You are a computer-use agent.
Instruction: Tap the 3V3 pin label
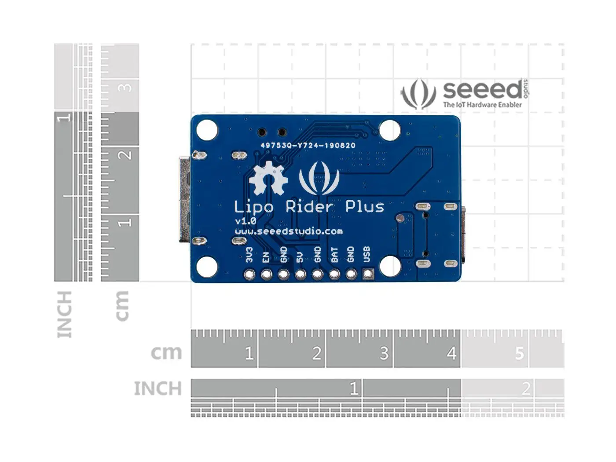coord(249,255)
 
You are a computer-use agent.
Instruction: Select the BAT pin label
coord(334,255)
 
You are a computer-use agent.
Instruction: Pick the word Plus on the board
coord(364,206)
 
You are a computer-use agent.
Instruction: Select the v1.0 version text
coord(246,221)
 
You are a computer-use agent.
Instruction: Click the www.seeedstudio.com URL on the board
coord(288,231)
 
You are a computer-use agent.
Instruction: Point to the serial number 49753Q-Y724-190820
coord(308,146)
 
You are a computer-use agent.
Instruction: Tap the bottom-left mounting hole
coord(207,267)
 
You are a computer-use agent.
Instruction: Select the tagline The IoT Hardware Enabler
coord(482,105)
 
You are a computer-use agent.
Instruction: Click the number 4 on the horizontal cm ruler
coord(451,353)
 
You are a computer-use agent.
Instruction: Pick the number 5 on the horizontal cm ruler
coord(520,353)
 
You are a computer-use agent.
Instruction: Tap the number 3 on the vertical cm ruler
coord(126,87)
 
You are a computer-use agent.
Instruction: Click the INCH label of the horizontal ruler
coord(158,389)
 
